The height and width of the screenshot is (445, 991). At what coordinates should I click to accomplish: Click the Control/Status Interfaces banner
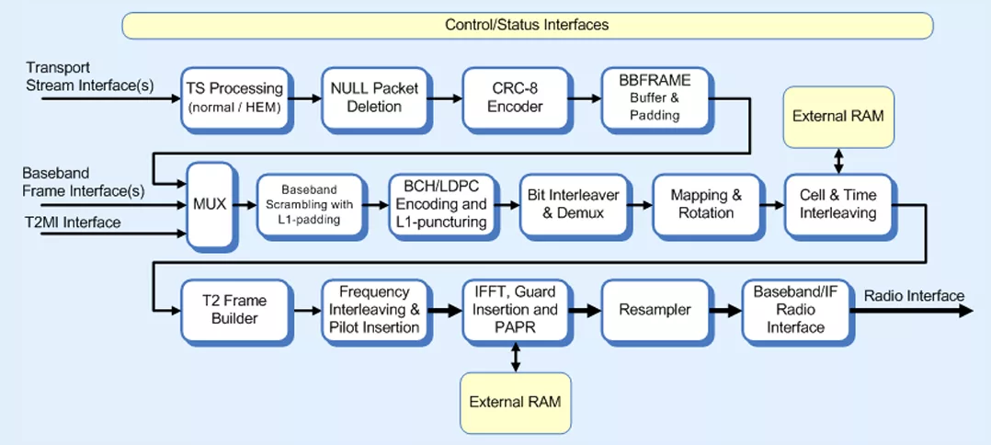(x=527, y=25)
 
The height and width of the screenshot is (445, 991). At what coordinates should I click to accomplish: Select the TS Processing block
(x=234, y=98)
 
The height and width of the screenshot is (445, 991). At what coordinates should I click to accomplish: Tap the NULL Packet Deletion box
(x=375, y=98)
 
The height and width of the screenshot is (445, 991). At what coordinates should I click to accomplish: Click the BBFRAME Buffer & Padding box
(x=655, y=98)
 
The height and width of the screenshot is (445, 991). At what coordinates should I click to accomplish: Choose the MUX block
(x=211, y=206)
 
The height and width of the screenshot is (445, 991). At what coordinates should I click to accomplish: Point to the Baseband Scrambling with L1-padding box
(x=310, y=205)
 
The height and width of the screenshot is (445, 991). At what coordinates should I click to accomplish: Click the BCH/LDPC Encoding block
(x=441, y=205)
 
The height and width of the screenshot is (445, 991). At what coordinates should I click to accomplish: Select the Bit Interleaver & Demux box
(x=574, y=205)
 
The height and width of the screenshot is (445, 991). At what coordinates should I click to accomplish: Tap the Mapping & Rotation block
(x=705, y=205)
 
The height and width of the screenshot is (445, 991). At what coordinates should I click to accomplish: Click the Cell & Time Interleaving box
(x=838, y=205)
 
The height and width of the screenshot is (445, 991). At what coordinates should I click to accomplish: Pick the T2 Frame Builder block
(x=234, y=311)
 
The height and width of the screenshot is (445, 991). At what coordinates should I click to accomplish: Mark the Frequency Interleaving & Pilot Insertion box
(x=375, y=311)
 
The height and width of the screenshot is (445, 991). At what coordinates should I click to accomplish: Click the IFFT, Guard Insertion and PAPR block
(x=516, y=311)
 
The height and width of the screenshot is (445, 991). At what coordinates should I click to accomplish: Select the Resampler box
(x=655, y=311)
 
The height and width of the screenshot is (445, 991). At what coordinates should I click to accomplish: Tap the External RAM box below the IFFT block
(x=515, y=403)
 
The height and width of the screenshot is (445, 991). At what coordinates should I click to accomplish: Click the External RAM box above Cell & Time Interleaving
(x=838, y=117)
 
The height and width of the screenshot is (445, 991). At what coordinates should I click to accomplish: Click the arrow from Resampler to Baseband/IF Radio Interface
(x=725, y=311)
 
